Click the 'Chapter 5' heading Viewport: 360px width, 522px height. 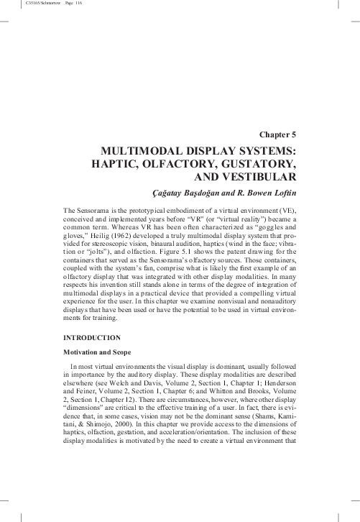pyautogui.click(x=277, y=134)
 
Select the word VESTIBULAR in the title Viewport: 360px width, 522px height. pyautogui.click(x=260, y=176)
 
